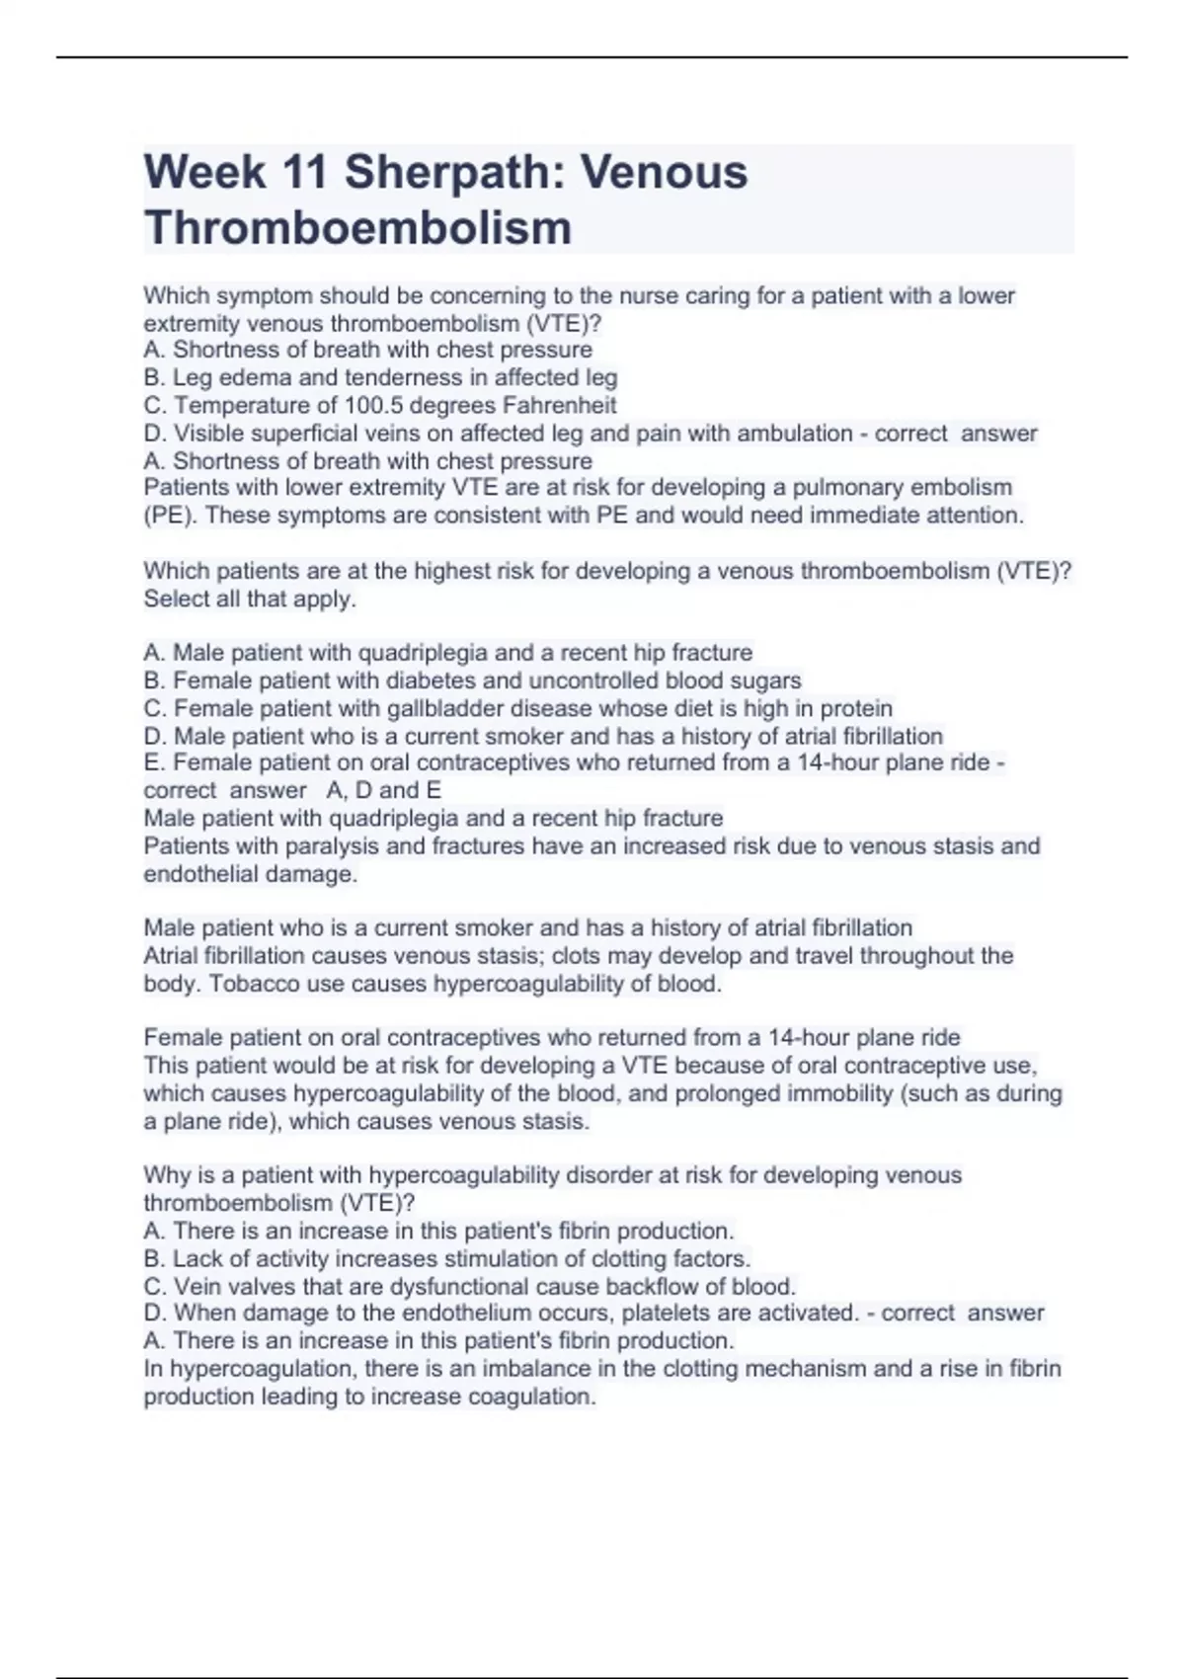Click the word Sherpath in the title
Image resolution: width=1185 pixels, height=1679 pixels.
pyautogui.click(x=450, y=172)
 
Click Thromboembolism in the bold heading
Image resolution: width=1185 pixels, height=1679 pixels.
pyautogui.click(x=357, y=228)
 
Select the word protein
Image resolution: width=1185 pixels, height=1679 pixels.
pyautogui.click(x=855, y=708)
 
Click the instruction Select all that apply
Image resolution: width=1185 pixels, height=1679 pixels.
pyautogui.click(x=250, y=599)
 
